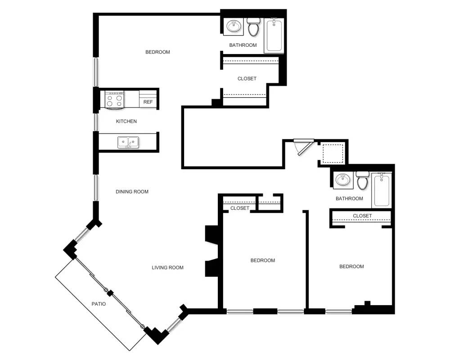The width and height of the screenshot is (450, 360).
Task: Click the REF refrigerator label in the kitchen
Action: [x=148, y=102]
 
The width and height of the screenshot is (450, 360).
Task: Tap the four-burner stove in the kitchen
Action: [x=114, y=99]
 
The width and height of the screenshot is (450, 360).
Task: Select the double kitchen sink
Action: [x=128, y=143]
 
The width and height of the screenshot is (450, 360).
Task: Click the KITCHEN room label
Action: [x=126, y=121]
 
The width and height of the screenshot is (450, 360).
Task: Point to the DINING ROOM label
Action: [x=132, y=192]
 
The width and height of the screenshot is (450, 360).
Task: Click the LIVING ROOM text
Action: [x=167, y=268]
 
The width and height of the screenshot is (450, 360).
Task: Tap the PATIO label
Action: [x=99, y=304]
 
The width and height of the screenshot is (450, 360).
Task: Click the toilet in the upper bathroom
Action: [x=254, y=28]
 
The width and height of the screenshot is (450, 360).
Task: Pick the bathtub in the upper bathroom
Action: [x=274, y=35]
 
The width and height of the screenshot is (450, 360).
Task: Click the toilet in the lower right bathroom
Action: [x=363, y=181]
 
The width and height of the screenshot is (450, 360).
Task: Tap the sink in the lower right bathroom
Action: [x=343, y=180]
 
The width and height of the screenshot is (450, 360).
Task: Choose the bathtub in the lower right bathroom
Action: [x=382, y=189]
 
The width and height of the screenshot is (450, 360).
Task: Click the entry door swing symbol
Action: [x=302, y=146]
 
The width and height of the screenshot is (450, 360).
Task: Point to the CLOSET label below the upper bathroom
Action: [x=247, y=79]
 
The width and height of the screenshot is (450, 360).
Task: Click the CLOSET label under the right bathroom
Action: [x=362, y=216]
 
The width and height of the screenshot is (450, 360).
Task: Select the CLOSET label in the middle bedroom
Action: [x=239, y=208]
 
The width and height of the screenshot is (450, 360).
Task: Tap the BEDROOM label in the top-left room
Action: [x=157, y=52]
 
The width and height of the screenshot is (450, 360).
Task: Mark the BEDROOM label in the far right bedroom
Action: [x=351, y=267]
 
